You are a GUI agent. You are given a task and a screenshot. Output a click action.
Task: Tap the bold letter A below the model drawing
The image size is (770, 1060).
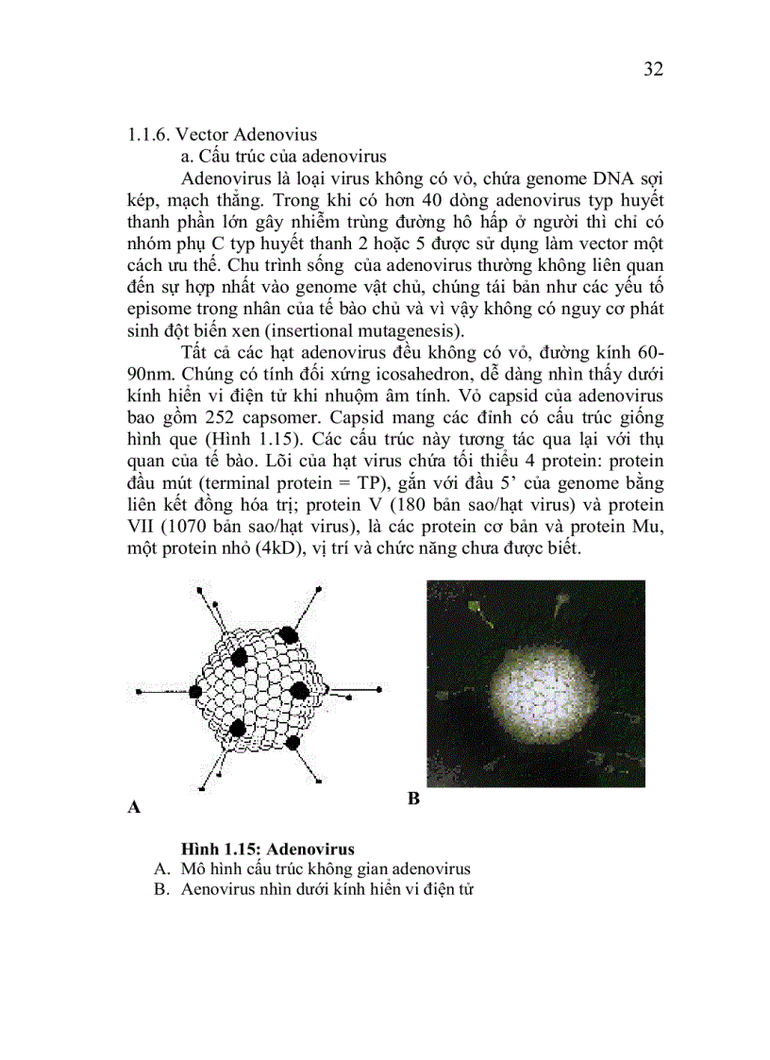(x=134, y=807)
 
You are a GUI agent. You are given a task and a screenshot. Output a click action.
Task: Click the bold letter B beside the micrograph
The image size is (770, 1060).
(x=413, y=799)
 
